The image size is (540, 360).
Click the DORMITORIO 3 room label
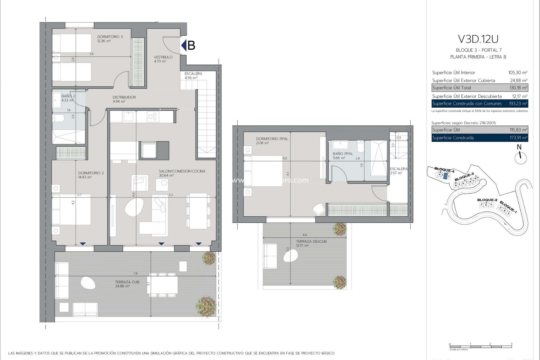tap(110, 37)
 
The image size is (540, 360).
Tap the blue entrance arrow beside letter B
tap(184, 45)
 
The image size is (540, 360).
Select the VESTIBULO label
tap(163, 57)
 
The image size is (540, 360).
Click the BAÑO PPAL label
tap(343, 154)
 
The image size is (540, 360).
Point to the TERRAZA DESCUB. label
tap(311, 242)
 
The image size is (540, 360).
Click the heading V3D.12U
tap(478, 39)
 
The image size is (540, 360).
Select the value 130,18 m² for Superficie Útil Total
tap(518, 88)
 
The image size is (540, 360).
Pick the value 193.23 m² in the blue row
tap(518, 103)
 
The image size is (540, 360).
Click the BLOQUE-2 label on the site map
tap(487, 200)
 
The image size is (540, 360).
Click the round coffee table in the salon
tap(134, 207)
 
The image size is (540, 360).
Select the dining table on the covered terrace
tap(163, 285)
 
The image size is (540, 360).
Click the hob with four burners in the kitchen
tap(153, 116)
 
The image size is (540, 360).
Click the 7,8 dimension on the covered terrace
tap(135, 273)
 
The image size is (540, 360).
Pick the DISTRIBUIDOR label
tap(124, 97)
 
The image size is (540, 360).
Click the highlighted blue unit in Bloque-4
tap(445, 176)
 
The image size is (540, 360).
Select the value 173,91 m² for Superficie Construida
tap(518, 138)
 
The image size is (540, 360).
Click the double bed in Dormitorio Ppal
tap(263, 171)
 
